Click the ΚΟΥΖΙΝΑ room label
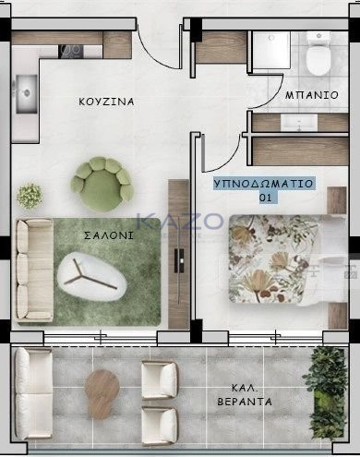click(x=106, y=102)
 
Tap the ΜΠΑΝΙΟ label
click(x=312, y=95)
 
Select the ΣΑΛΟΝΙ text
click(x=109, y=235)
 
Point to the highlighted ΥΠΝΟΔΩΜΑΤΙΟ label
click(x=263, y=184)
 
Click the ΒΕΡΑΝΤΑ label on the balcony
click(x=245, y=402)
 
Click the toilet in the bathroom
click(x=318, y=54)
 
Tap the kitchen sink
click(x=27, y=94)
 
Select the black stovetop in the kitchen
click(x=71, y=52)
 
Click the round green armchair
click(x=102, y=184)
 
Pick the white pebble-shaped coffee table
click(x=92, y=276)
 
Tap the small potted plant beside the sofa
click(x=30, y=196)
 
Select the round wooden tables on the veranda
click(x=102, y=394)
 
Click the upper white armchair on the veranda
click(x=160, y=380)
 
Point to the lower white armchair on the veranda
click(x=160, y=426)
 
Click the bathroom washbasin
click(x=299, y=123)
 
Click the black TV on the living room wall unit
click(x=179, y=261)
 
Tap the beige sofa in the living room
click(x=34, y=271)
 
